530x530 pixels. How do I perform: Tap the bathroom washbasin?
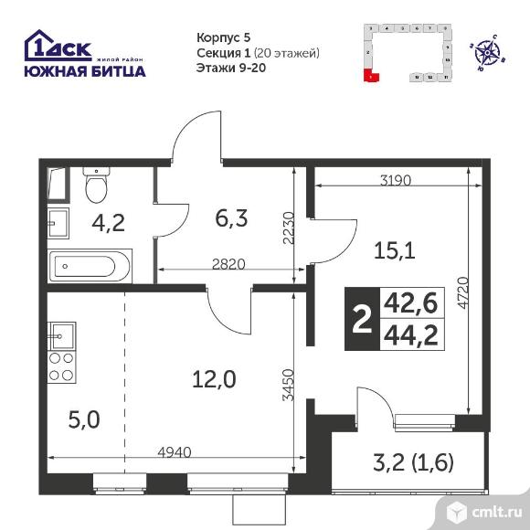point(58,222)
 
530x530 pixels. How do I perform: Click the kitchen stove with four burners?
point(60,366)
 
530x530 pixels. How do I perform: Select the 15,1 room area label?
point(397,249)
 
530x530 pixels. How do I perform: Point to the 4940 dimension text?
point(174,450)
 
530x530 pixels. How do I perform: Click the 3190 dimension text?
point(395,180)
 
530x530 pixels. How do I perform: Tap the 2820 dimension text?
point(228,264)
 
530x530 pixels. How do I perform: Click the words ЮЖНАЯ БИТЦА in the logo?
point(84,71)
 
